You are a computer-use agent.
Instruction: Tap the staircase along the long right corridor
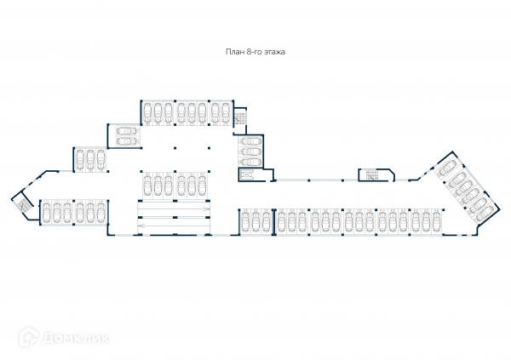click(372, 175)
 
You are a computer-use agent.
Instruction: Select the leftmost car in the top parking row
click(147, 111)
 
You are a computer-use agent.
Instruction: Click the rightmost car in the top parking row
click(226, 111)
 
